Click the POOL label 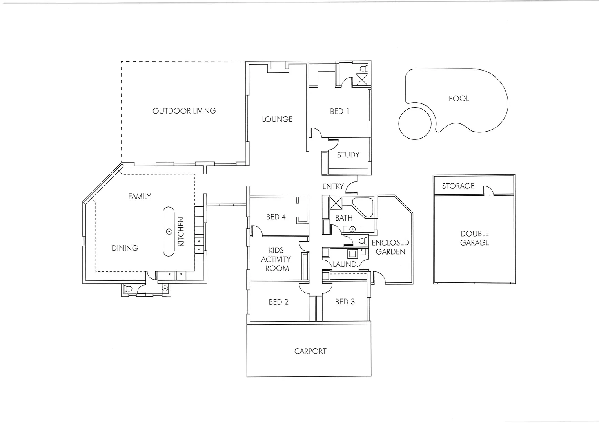[459, 98]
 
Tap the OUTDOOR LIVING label [184, 111]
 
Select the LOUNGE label [277, 119]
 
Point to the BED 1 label [339, 112]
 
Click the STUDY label [348, 155]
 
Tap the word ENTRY [333, 186]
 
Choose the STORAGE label [458, 186]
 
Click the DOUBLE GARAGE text [474, 238]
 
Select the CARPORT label [310, 351]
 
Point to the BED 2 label [278, 302]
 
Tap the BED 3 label [345, 302]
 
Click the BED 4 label [276, 217]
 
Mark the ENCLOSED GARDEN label [390, 247]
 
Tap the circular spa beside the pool [414, 123]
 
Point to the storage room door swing [488, 191]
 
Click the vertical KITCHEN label [181, 232]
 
